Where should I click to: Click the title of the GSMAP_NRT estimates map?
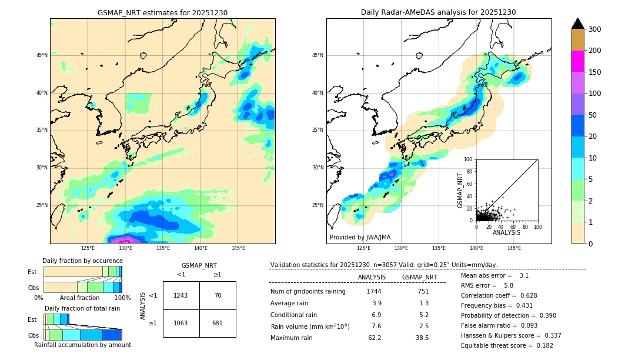tap(162, 12)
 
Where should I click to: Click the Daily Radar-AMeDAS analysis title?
tap(438, 12)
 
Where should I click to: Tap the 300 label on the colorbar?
tap(594, 29)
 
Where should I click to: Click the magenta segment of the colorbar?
tap(577, 61)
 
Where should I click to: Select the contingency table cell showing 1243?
tap(181, 295)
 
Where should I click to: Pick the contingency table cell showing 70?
tap(218, 295)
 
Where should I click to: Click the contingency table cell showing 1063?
tap(181, 323)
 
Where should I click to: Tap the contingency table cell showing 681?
tap(218, 323)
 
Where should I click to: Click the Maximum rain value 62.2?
tap(374, 338)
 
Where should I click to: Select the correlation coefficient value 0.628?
tap(528, 295)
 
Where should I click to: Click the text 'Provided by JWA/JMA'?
tap(360, 238)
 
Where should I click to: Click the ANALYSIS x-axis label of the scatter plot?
tap(506, 233)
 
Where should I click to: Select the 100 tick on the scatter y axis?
tap(469, 159)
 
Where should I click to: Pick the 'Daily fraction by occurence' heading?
tap(82, 261)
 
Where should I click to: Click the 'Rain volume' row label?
tap(310, 326)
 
